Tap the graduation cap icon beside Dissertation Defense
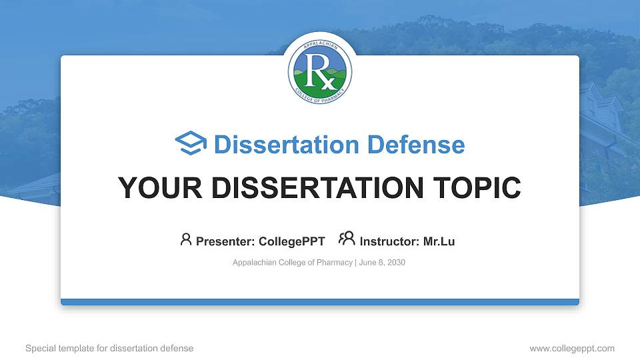pyautogui.click(x=191, y=144)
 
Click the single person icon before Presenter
pyautogui.click(x=186, y=239)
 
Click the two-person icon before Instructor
pyautogui.click(x=347, y=239)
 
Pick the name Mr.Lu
pyautogui.click(x=439, y=241)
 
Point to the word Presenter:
pyautogui.click(x=225, y=241)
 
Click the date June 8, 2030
pyautogui.click(x=382, y=263)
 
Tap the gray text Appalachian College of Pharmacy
pyautogui.click(x=292, y=263)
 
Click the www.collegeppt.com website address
pyautogui.click(x=571, y=348)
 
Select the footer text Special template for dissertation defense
pyautogui.click(x=109, y=348)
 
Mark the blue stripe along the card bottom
pyautogui.click(x=320, y=302)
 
